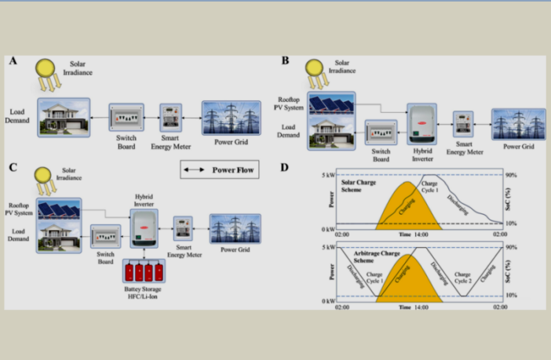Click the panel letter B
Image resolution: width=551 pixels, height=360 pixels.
coord(285,60)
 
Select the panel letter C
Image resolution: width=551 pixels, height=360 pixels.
coord(13,167)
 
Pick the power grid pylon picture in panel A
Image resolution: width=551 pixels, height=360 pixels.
coord(228,118)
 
